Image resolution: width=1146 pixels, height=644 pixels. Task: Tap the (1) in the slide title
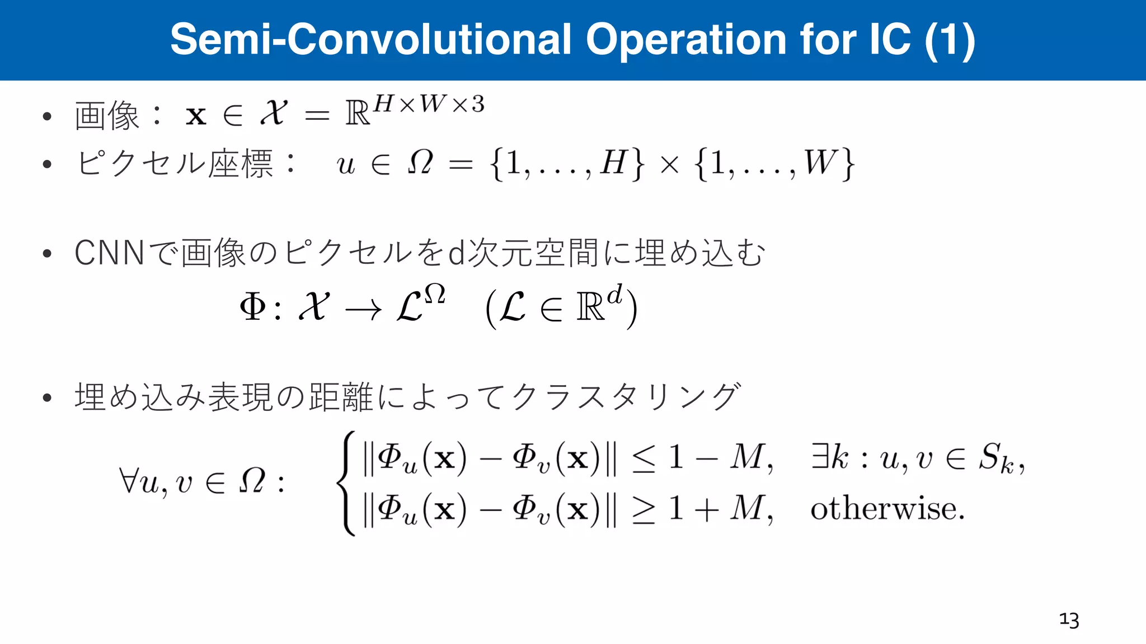[x=950, y=40]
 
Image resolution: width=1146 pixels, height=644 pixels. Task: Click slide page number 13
[x=1069, y=620]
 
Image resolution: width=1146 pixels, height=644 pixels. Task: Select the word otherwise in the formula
[x=887, y=509]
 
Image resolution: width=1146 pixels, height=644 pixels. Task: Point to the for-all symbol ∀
[x=128, y=481]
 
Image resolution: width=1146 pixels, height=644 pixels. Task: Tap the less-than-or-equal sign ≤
[x=644, y=460]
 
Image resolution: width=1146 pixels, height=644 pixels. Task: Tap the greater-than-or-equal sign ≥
[x=644, y=510]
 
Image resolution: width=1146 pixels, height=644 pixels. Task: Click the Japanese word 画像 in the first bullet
[x=107, y=116]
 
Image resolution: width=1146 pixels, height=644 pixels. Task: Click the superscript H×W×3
[x=429, y=104]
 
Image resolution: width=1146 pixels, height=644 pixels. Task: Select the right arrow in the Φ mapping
[x=363, y=309]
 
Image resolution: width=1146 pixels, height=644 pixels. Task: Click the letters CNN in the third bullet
[x=110, y=253]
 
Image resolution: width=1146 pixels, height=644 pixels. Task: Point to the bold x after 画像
[x=196, y=116]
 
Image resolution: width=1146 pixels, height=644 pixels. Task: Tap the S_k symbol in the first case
[x=997, y=458]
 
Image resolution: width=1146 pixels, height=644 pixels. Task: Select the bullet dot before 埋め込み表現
[x=47, y=398]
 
